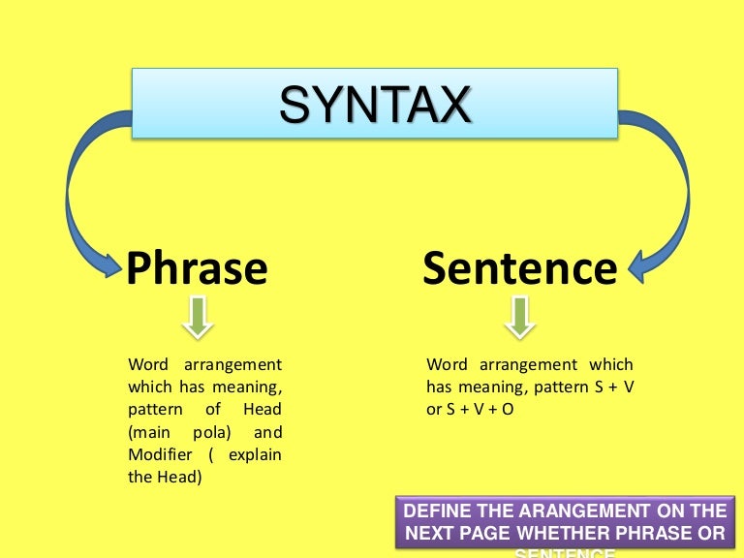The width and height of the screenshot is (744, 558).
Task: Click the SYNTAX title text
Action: [376, 105]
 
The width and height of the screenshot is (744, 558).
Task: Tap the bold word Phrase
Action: [197, 267]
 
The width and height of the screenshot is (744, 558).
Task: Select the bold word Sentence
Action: [520, 267]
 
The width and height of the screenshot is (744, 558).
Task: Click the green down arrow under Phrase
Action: [198, 317]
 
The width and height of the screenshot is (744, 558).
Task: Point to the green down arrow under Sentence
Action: [520, 317]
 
